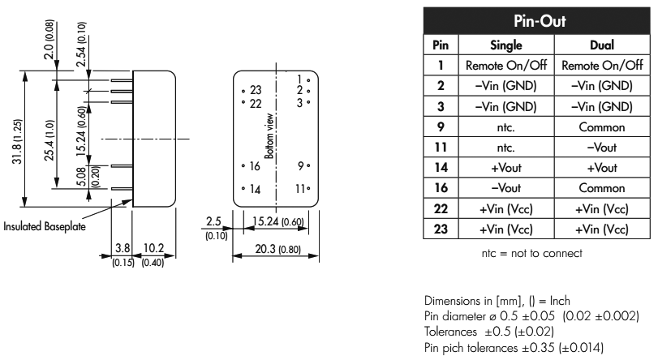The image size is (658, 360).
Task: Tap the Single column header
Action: tap(505, 45)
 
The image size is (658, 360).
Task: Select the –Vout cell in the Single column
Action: tap(505, 189)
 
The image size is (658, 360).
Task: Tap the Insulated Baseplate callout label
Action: tap(47, 225)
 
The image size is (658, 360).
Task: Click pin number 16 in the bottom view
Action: tap(255, 165)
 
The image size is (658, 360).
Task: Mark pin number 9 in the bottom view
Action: tap(301, 165)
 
